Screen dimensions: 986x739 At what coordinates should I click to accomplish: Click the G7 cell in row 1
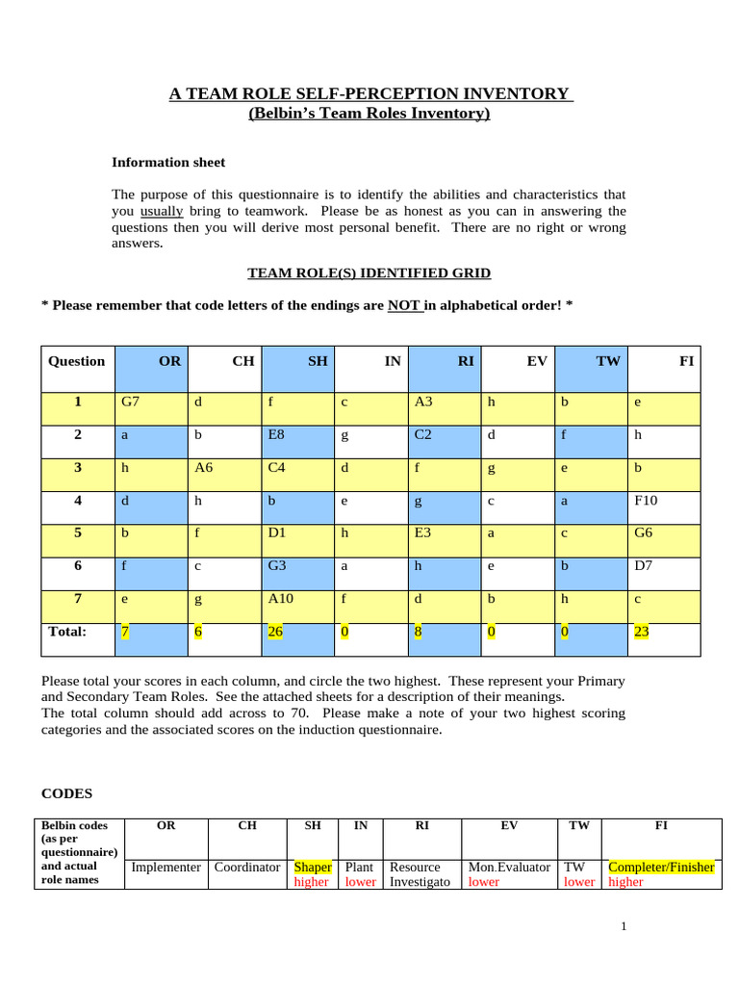coord(130,402)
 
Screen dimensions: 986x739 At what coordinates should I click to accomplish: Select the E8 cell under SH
coord(276,434)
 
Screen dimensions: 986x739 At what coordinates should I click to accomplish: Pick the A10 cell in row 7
coord(280,600)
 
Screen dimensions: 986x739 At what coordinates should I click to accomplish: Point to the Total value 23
coord(641,633)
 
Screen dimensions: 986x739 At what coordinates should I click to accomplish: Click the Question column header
coord(76,361)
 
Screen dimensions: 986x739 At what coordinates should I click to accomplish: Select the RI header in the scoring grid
coord(466,361)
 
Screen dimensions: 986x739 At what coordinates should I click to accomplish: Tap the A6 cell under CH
coord(203,468)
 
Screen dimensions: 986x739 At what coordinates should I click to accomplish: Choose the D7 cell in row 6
coord(643,566)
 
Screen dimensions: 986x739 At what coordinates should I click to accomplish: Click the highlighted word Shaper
coord(313,867)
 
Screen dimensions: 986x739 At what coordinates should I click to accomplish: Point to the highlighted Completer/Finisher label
coord(662,867)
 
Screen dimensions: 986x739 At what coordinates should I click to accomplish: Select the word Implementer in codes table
coord(166,867)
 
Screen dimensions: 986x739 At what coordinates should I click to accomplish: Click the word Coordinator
coord(247,867)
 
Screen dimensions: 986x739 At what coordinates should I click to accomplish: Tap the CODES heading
coord(66,794)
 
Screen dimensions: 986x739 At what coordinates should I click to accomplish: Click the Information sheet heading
coord(168,163)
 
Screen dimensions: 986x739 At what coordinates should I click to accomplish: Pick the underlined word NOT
coord(403,305)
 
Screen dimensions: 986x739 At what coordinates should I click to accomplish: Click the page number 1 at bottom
coord(624,926)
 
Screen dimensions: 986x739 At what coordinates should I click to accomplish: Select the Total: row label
coord(67,632)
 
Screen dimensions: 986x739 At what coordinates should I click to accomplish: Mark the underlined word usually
coord(162,211)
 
